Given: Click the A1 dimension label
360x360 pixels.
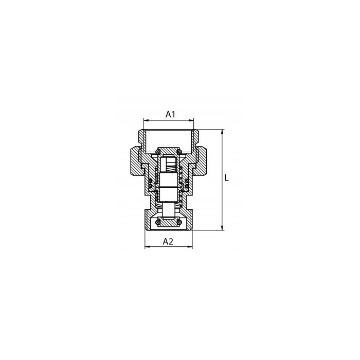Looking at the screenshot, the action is pos(170,114).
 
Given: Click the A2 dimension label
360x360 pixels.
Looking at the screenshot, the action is pos(168,241).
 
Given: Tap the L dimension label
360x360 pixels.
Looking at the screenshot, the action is pos(227,177).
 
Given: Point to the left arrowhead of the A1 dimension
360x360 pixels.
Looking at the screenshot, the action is pos(146,120).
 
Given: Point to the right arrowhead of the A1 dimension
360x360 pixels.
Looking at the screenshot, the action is pos(191,120).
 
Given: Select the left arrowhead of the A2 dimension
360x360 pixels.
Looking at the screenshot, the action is pos(148,247).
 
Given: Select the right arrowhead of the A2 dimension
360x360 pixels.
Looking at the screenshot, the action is pos(190,247).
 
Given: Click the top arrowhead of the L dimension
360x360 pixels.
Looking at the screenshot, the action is pos(222,132).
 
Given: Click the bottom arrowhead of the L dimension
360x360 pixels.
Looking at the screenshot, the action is pos(222,227).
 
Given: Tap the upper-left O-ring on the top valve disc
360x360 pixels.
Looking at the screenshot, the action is pos(158,152).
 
